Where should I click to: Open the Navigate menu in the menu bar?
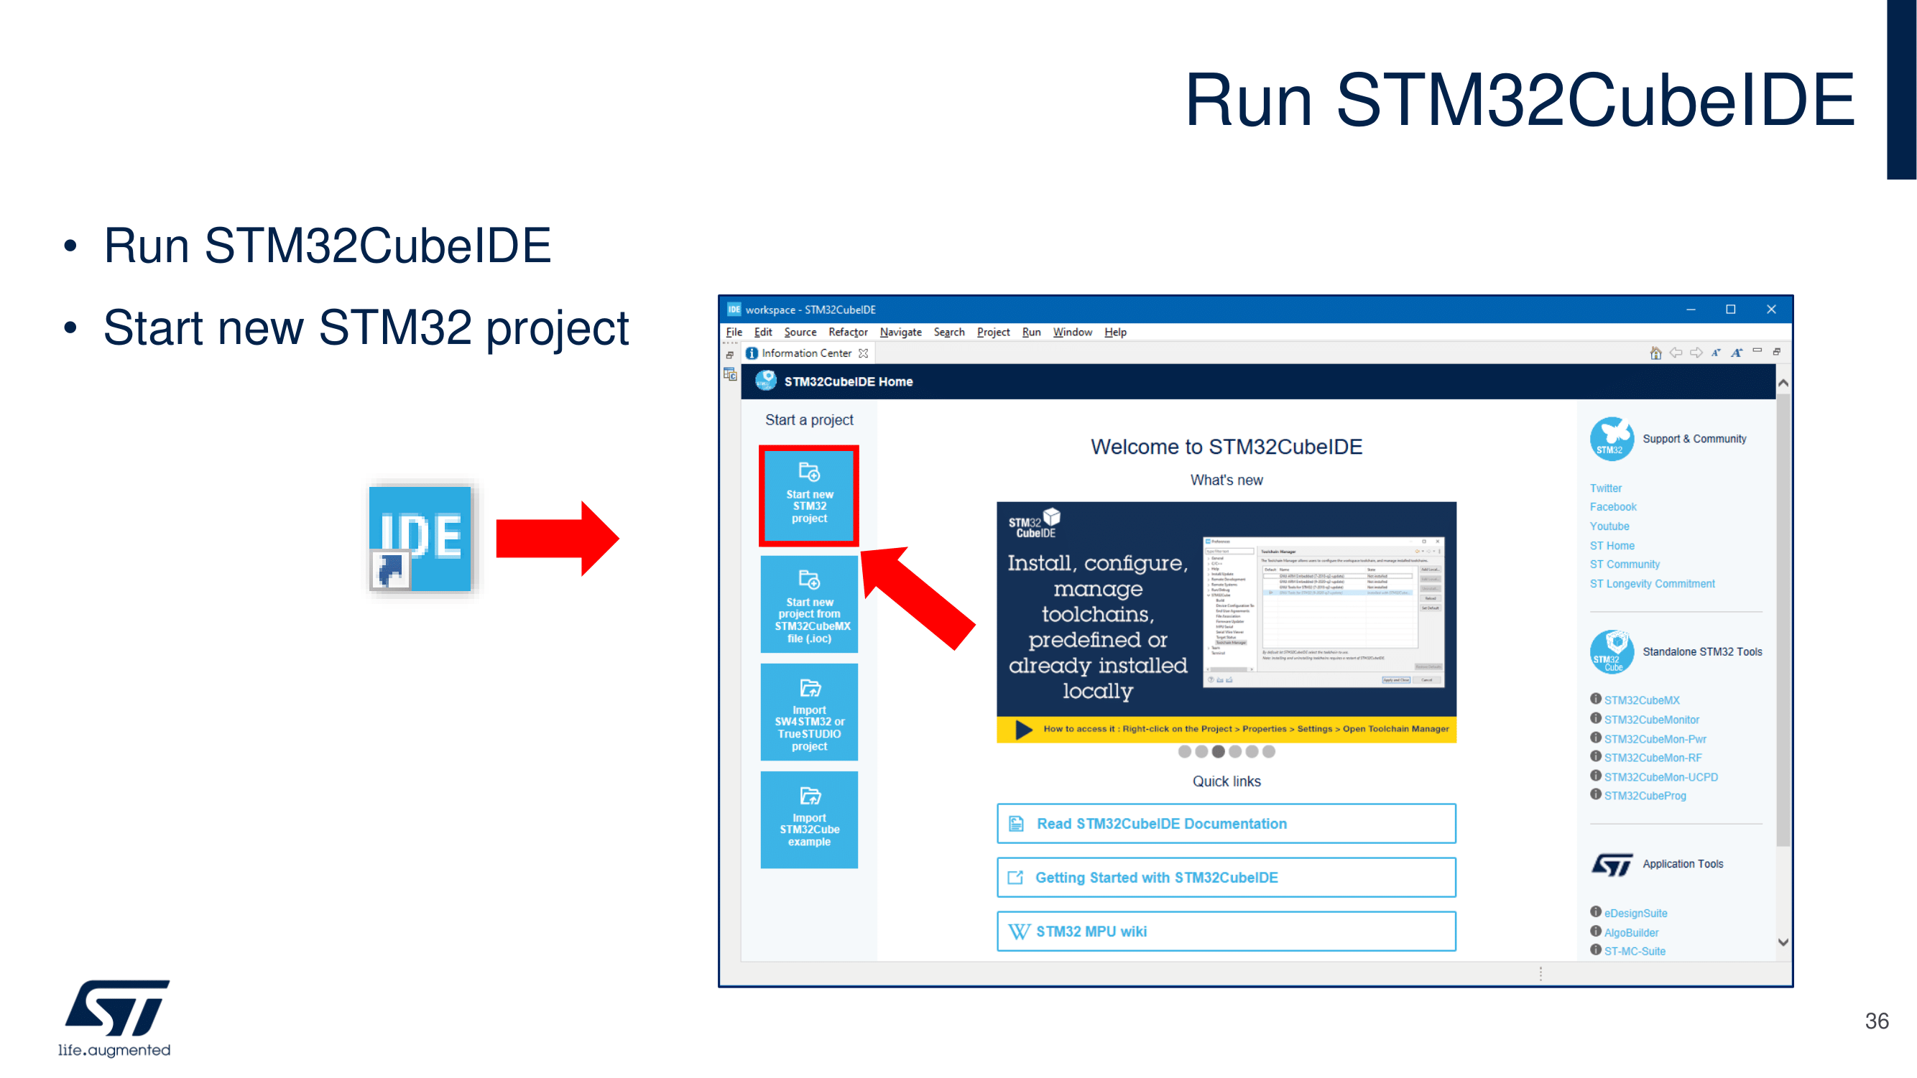pos(900,332)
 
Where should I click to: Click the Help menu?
pos(1115,332)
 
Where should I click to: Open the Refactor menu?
pos(848,332)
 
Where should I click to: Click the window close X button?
pos(1770,310)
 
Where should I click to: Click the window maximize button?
pos(1730,310)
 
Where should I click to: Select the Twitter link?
pos(1605,488)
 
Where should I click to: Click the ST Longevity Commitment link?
pos(1652,583)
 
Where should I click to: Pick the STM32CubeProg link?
pos(1645,795)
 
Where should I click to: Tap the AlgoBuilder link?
pos(1631,932)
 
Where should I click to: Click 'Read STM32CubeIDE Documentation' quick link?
pos(1226,824)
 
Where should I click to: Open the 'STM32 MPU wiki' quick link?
pos(1226,931)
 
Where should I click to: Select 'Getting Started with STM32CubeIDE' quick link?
pos(1226,877)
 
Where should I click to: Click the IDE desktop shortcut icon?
pos(420,539)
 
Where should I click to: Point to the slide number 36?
pos(1876,1021)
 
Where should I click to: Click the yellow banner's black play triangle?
pos(1024,729)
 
